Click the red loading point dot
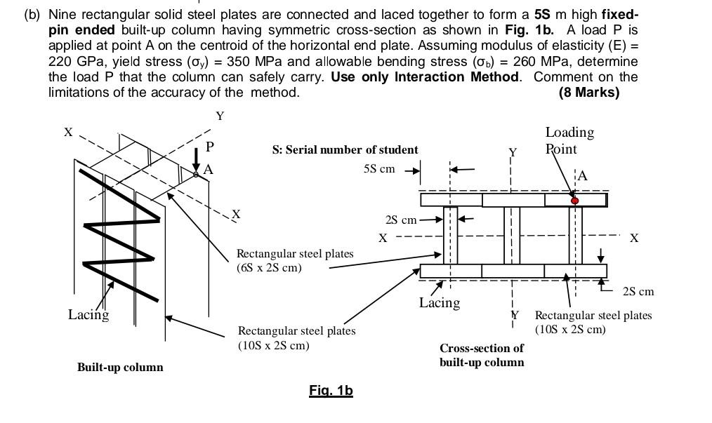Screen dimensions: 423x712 [575, 201]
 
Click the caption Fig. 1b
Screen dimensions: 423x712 [330, 391]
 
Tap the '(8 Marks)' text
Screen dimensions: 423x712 [588, 93]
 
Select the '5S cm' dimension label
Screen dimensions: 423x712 [379, 169]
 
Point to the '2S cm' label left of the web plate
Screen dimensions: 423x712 [401, 220]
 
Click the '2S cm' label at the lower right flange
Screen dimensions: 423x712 [638, 291]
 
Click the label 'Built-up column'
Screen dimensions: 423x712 [120, 367]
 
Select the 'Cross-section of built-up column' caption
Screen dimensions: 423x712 [482, 355]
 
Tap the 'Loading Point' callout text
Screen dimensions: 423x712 [569, 140]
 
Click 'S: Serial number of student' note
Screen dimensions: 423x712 [345, 149]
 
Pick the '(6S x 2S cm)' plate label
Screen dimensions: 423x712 [269, 267]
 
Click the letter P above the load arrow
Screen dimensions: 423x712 [209, 147]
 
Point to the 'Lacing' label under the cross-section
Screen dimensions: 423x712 [440, 303]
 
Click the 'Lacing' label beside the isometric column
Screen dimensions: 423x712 [88, 314]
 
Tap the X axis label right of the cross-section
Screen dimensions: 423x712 [634, 239]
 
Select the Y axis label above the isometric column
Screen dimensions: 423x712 [220, 116]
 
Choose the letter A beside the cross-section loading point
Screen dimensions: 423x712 [581, 176]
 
